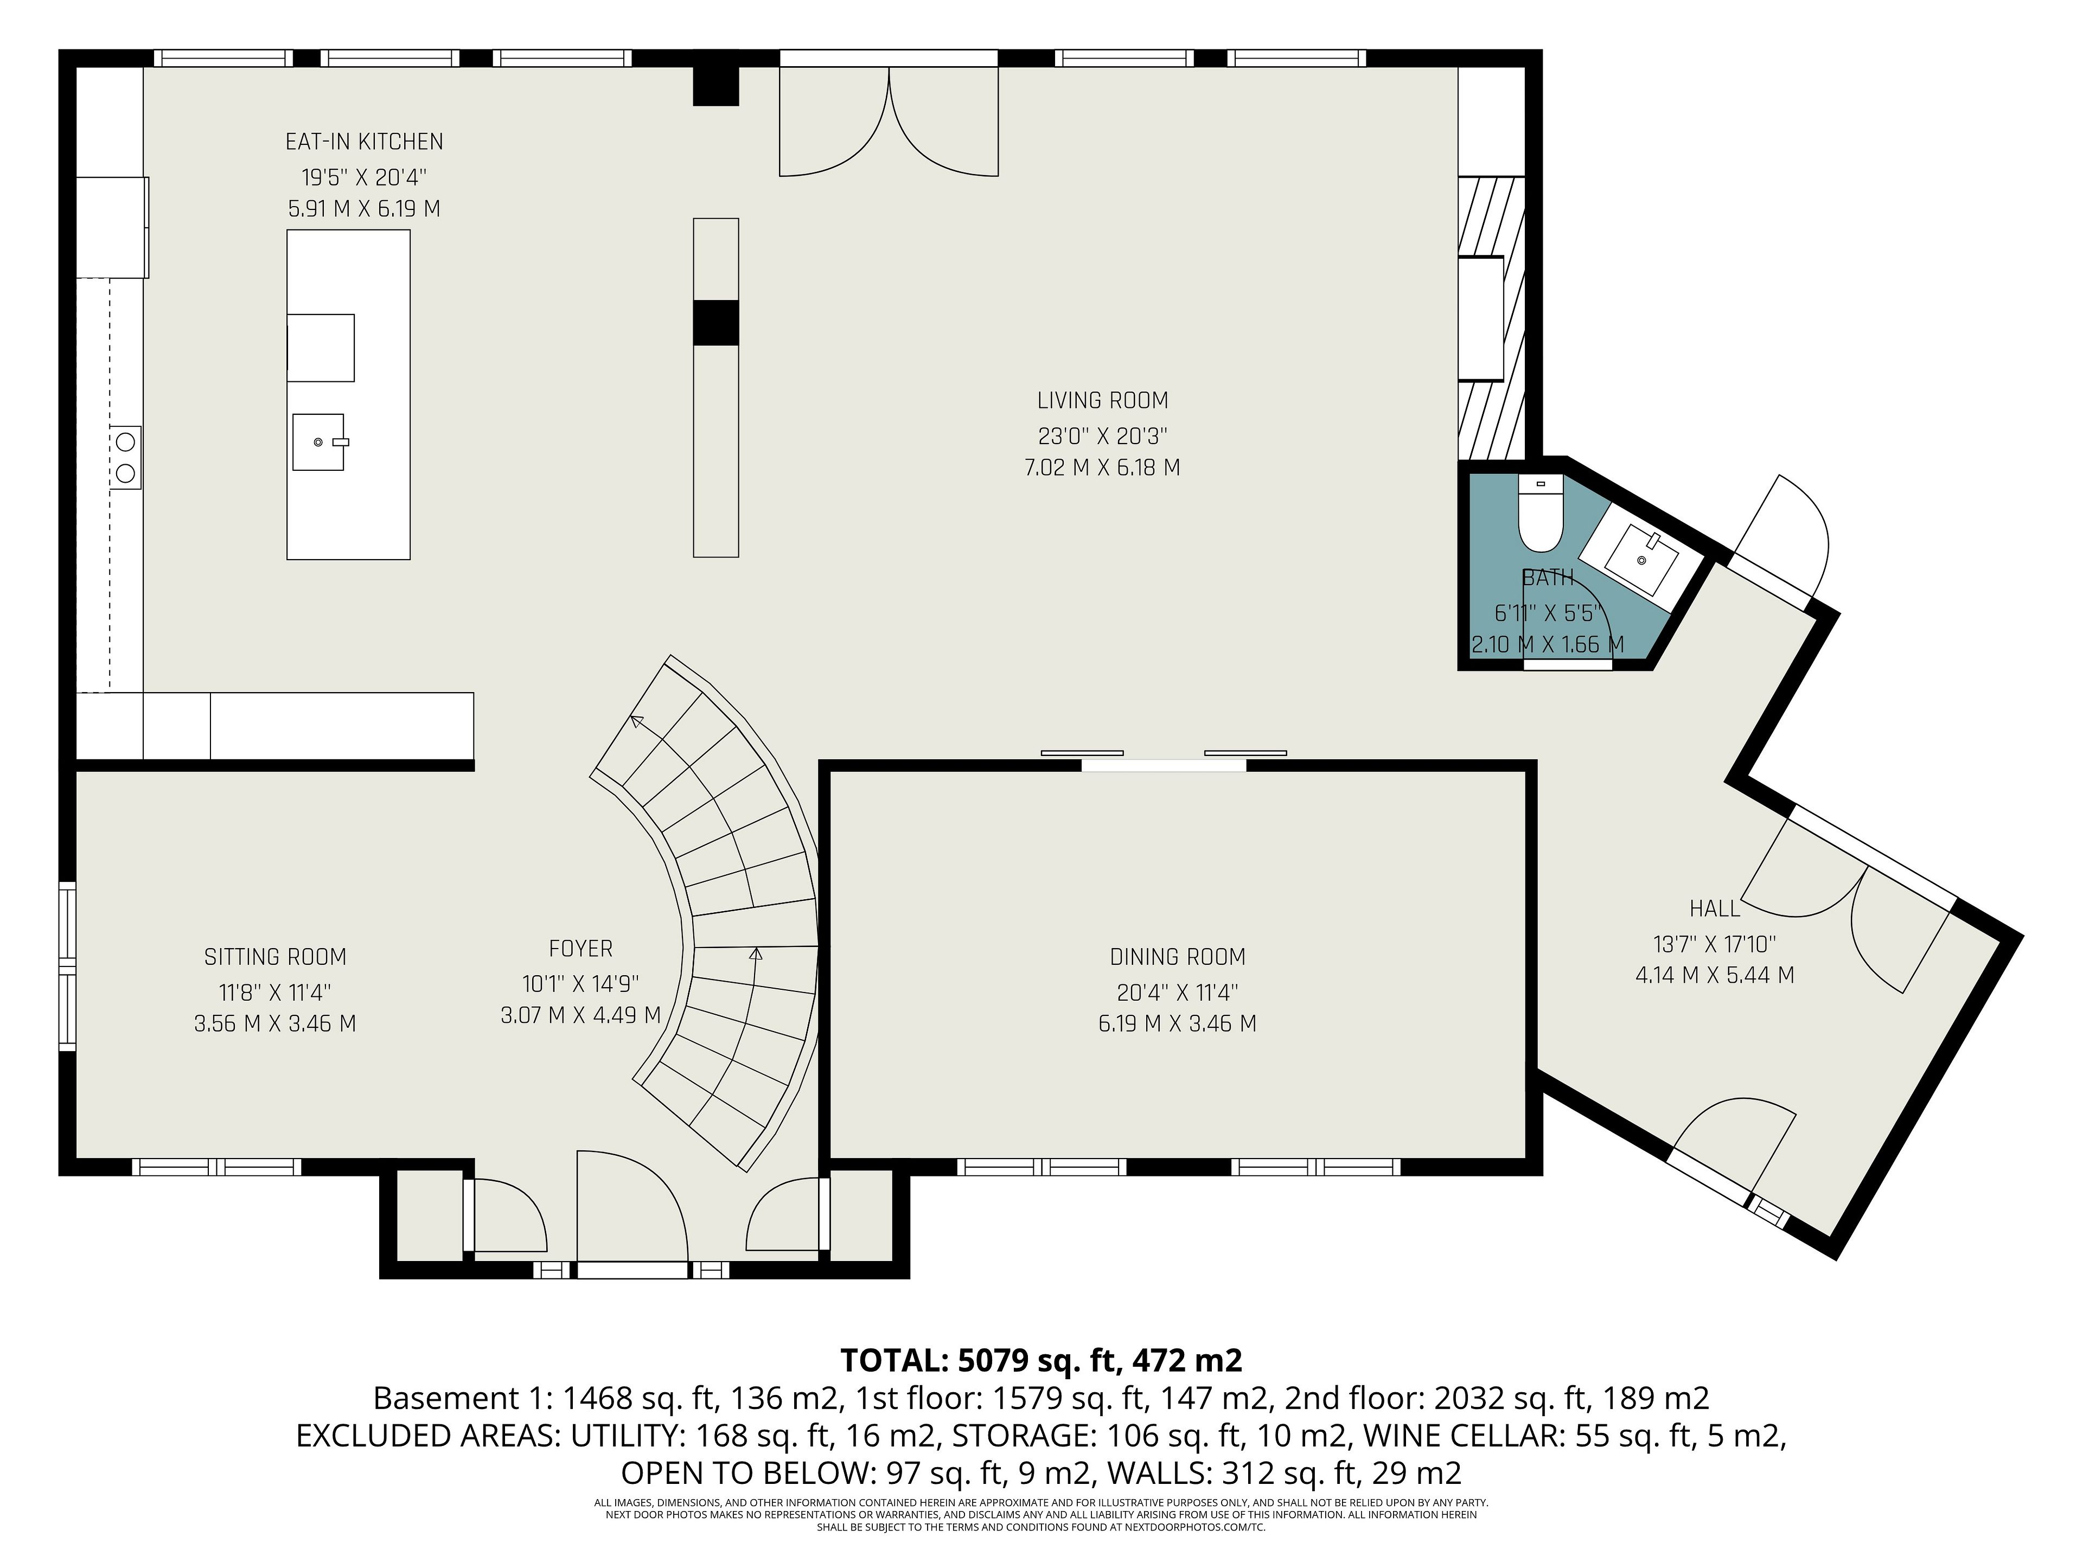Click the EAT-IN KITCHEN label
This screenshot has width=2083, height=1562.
coord(365,142)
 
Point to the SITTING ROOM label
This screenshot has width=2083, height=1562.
coord(275,957)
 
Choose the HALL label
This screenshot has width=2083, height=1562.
coord(1715,908)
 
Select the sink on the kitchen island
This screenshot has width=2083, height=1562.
coord(318,441)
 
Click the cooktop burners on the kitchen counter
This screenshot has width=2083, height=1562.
coord(125,457)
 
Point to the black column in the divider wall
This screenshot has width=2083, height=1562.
coord(715,323)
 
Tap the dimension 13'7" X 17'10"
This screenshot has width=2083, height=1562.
coord(1715,943)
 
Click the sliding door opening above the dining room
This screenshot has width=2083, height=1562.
coord(1164,765)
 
